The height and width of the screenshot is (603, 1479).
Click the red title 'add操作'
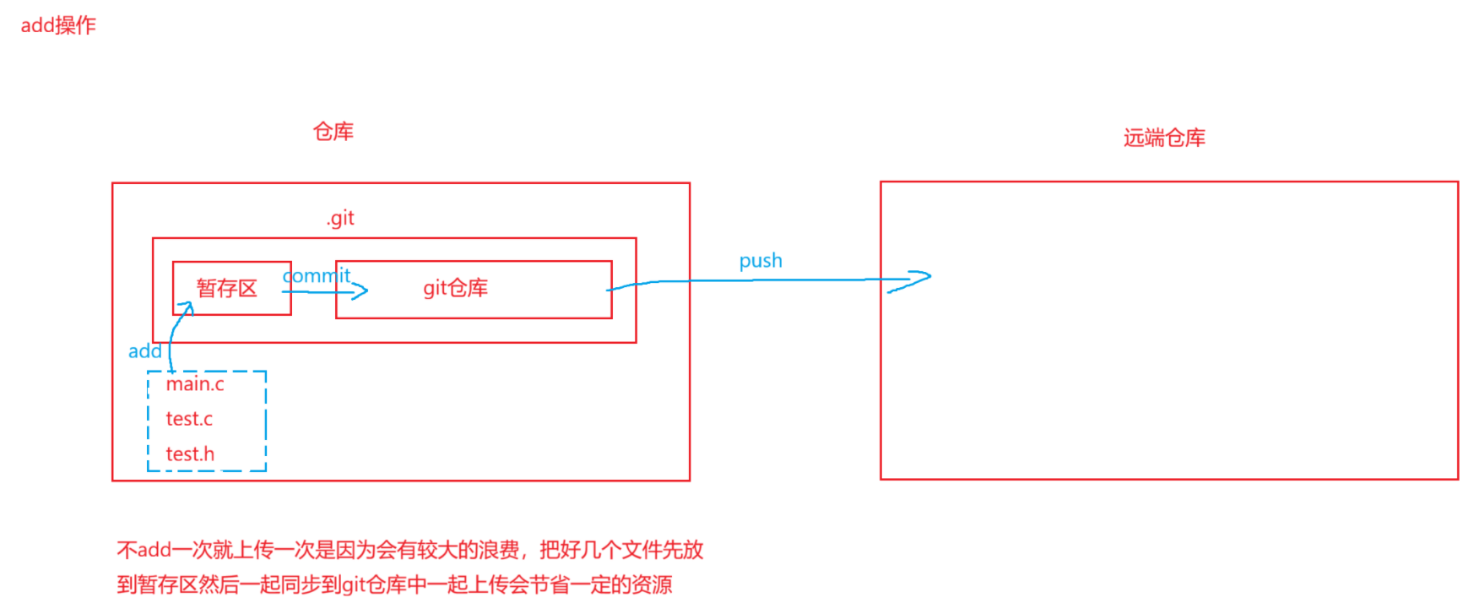[58, 25]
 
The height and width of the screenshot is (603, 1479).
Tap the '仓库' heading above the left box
[333, 132]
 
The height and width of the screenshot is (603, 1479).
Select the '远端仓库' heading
[1164, 138]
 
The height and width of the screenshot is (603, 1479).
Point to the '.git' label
[340, 218]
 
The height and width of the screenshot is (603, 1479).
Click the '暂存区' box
[227, 288]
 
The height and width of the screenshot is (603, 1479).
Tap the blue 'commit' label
[317, 275]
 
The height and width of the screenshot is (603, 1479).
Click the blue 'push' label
[761, 261]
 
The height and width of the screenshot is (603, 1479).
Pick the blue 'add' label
[144, 351]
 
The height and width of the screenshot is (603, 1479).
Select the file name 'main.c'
[195, 384]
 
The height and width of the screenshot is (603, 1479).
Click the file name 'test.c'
[189, 419]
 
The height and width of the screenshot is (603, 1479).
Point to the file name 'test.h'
[190, 454]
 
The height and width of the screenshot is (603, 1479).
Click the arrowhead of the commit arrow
[363, 292]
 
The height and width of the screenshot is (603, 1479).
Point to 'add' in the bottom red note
[154, 551]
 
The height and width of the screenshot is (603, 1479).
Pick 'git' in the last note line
[354, 584]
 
